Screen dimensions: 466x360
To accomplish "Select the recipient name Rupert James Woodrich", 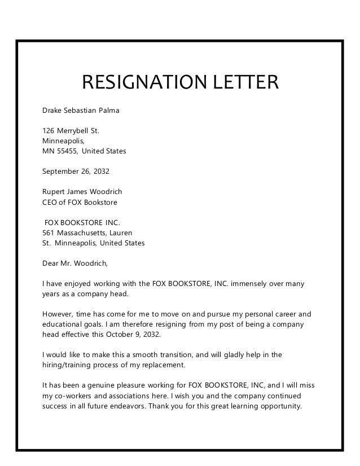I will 82,192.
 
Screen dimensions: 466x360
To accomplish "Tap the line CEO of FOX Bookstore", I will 80,202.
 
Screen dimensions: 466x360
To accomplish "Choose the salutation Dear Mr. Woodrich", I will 74,263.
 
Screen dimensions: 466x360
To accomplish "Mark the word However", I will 58,314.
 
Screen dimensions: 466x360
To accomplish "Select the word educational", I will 64,324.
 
